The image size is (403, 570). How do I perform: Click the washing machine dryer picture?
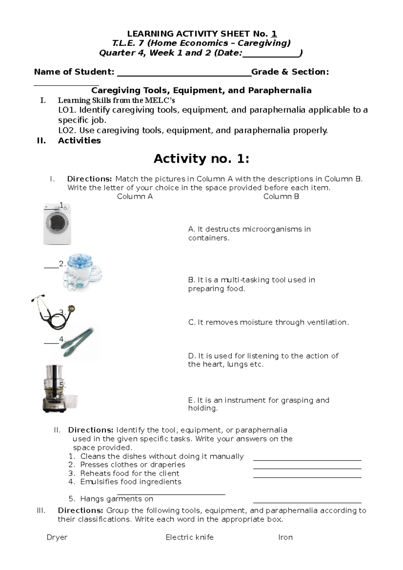click(x=57, y=224)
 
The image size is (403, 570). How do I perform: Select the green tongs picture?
click(x=80, y=342)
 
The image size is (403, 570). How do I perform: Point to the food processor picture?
click(x=56, y=388)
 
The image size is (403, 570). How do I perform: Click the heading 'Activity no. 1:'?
click(x=201, y=159)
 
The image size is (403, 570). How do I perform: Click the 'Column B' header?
click(x=281, y=197)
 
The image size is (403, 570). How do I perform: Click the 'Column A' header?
click(x=135, y=197)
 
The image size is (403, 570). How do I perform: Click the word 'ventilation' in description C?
click(x=328, y=323)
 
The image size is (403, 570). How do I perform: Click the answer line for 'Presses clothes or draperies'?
click(x=307, y=468)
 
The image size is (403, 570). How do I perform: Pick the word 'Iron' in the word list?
click(x=285, y=537)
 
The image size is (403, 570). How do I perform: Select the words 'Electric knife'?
click(x=189, y=537)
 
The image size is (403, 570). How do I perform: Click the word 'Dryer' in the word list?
click(x=57, y=537)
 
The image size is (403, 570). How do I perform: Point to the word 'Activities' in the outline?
click(x=79, y=141)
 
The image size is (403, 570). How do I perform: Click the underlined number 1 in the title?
click(x=274, y=34)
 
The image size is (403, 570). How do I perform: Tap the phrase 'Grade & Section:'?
click(x=290, y=72)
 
